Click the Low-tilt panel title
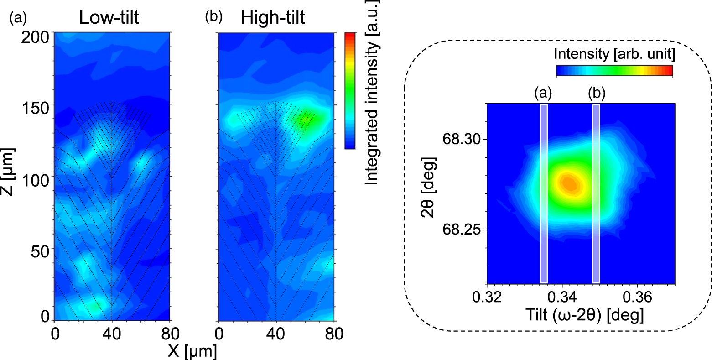point(109,18)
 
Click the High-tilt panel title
point(273,18)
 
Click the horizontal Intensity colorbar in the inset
point(614,70)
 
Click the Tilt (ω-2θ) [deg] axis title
point(580,315)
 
